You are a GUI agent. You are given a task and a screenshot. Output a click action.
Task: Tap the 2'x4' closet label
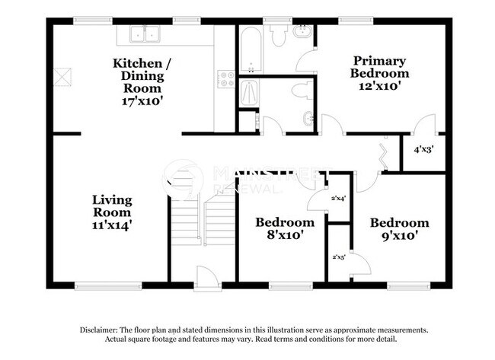[x=338, y=199]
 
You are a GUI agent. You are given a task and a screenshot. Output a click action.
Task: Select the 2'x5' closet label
[x=338, y=257]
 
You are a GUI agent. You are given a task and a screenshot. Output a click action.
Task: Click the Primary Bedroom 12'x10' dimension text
[x=379, y=86]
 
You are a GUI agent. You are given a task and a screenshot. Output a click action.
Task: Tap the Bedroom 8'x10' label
[x=284, y=228]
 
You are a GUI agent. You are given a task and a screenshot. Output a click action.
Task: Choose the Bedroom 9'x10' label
[x=399, y=229]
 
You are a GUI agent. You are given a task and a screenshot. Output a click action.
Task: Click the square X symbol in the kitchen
[x=62, y=76]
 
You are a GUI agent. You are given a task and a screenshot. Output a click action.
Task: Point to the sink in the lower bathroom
[x=307, y=118]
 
